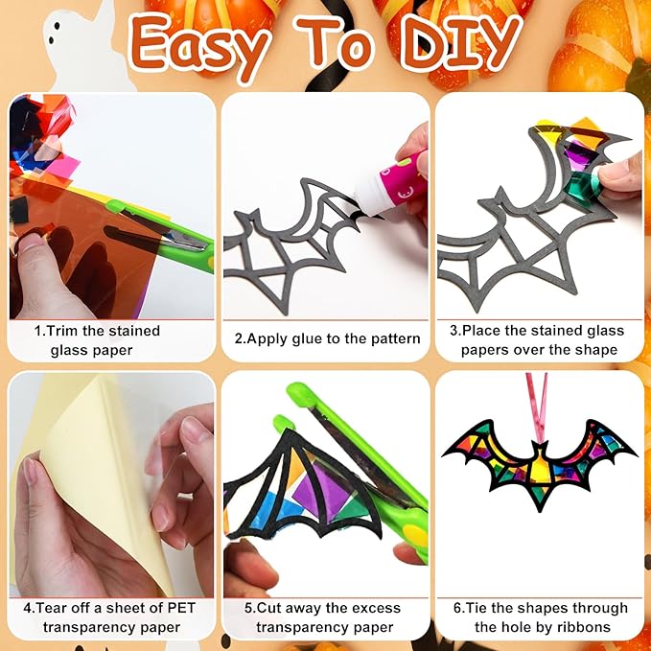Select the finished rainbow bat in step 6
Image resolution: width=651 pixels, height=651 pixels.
(540, 462)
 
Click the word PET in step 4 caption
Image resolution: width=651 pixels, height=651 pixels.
(180, 608)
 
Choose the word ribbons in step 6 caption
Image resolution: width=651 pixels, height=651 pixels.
(585, 627)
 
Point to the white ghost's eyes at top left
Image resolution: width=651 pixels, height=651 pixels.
(53, 33)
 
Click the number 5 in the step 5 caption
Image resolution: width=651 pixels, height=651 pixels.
(248, 609)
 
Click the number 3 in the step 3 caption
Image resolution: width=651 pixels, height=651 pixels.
(453, 331)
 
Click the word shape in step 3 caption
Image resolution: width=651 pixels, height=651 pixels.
(595, 350)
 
